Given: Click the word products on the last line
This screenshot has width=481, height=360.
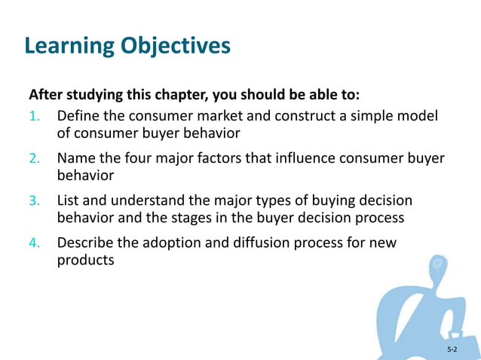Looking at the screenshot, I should [85, 261].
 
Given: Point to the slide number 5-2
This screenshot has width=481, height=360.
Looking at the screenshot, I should [452, 349].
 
